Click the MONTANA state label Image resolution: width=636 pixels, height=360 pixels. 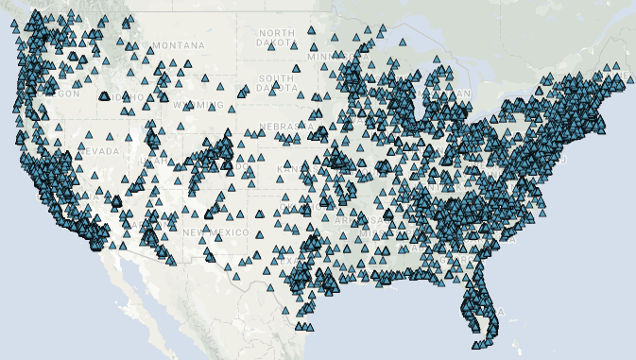pos(178,45)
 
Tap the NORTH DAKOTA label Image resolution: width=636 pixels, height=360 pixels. pos(277,38)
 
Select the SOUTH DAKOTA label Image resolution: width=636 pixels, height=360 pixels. pos(277,83)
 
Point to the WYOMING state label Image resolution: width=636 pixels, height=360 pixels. pos(196,104)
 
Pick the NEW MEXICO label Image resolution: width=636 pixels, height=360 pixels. pos(216,232)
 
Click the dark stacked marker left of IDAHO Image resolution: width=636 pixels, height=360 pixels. pos(104,95)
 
